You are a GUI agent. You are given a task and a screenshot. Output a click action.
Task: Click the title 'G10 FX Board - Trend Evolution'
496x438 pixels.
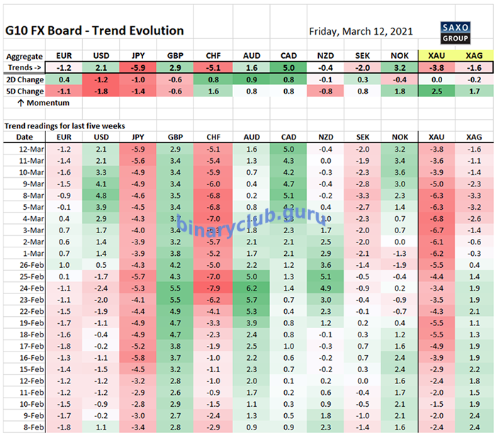(x=94, y=30)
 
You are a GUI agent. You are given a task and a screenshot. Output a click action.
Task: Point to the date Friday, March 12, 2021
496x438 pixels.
(x=361, y=32)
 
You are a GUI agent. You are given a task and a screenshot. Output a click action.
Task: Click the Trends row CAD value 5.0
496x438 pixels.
(x=288, y=67)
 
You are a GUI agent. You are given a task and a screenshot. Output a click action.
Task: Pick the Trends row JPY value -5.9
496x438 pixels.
(x=139, y=67)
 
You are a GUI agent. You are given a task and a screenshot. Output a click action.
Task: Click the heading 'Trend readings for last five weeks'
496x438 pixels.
(x=64, y=125)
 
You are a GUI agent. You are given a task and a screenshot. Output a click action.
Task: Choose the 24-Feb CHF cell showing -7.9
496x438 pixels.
(x=213, y=288)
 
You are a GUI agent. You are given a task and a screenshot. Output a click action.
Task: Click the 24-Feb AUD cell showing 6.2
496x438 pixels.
(x=251, y=288)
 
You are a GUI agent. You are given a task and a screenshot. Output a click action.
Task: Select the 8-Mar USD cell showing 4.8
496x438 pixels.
(x=102, y=195)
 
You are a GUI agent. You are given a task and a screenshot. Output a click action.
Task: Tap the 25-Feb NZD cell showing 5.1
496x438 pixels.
(x=325, y=276)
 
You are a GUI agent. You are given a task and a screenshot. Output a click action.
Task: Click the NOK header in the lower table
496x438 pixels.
(x=400, y=136)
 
